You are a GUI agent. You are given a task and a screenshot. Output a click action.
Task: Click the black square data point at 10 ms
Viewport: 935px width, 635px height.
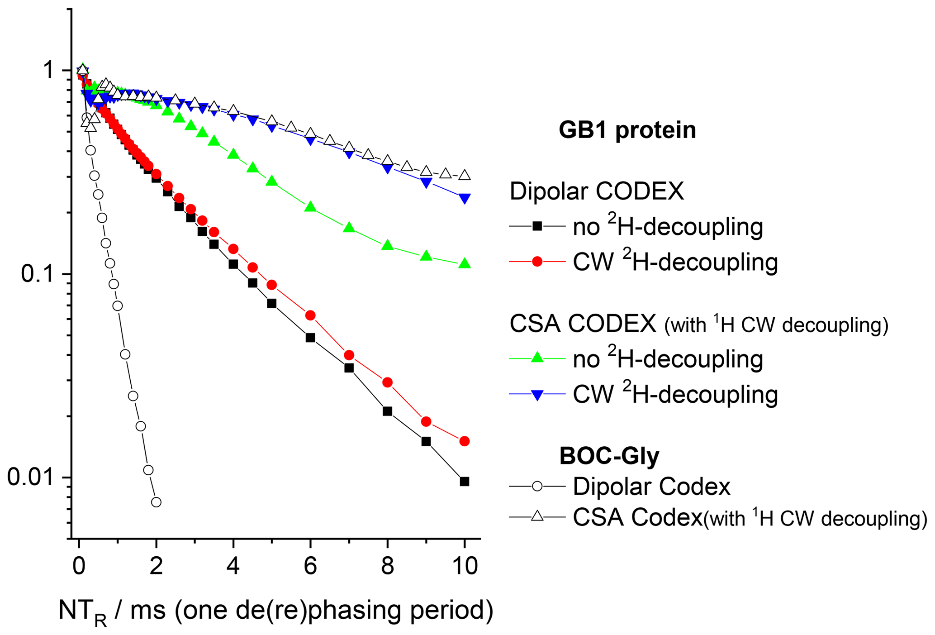[x=464, y=482]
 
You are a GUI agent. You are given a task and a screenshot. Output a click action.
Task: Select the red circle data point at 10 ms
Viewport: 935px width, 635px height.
[x=464, y=441]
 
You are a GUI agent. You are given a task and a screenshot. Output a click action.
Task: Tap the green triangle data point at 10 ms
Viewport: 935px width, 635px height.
[x=464, y=263]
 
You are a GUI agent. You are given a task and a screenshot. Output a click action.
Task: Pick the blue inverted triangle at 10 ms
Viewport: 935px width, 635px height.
[x=464, y=198]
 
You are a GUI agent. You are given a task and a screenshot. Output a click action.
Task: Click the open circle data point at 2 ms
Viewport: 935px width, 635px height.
[x=156, y=502]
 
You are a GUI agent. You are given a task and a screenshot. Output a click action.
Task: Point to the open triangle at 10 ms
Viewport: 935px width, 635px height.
[x=464, y=175]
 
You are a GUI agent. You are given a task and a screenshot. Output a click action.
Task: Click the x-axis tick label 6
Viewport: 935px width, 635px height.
[x=310, y=566]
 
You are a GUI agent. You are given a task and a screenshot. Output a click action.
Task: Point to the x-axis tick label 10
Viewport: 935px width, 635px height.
[x=464, y=566]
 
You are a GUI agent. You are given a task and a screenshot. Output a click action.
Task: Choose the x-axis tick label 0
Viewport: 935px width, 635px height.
[x=79, y=566]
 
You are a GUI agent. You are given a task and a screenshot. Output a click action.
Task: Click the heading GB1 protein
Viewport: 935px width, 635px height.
[x=627, y=130]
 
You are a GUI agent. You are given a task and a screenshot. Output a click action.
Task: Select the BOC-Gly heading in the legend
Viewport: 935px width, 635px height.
[x=609, y=455]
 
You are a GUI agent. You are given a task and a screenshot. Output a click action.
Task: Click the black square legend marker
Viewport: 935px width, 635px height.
[x=537, y=226]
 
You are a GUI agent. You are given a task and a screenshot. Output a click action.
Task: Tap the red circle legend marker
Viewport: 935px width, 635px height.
[x=537, y=262]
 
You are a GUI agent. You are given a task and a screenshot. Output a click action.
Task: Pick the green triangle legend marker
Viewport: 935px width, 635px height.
[x=537, y=358]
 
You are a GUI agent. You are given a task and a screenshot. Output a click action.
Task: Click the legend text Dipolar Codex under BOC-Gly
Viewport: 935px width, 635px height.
[x=651, y=487]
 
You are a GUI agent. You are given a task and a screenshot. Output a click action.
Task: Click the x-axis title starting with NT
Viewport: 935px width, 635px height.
[x=275, y=611]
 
